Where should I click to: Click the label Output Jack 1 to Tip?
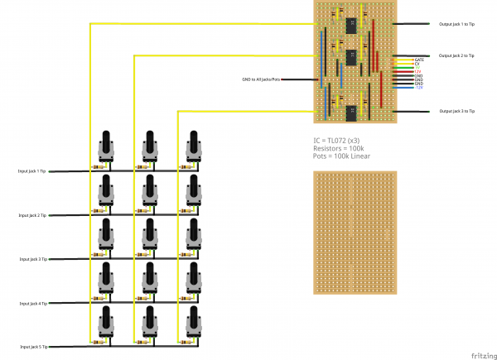456,24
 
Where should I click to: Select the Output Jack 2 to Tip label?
456,55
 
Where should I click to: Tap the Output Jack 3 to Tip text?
456,111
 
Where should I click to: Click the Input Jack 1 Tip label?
32,171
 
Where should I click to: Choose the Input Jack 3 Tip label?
32,259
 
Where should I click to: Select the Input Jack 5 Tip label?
32,346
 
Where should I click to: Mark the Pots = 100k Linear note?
342,156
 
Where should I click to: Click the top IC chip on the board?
351,24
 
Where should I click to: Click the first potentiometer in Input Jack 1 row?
105,147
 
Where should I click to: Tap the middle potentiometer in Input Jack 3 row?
150,235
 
